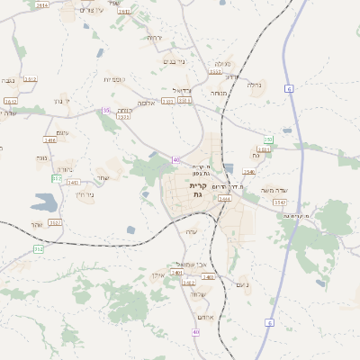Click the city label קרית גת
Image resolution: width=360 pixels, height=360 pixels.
[x=199, y=190]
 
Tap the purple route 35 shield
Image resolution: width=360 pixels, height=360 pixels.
[x=106, y=110]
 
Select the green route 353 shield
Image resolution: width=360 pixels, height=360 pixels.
[x=57, y=178]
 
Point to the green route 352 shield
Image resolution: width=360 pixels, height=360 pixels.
[x=38, y=248]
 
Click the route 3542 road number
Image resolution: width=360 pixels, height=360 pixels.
[x=280, y=202]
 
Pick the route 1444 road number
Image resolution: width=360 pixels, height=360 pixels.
[x=225, y=198]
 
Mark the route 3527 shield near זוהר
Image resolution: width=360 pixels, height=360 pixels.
[x=55, y=222]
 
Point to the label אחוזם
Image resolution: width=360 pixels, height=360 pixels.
[x=201, y=318]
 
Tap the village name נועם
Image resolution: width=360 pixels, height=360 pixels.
[x=241, y=285]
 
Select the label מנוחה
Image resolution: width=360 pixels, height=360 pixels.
[x=219, y=93]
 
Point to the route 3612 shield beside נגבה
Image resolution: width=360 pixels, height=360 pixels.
[x=30, y=79]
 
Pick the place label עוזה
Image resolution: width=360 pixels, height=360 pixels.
[x=191, y=232]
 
